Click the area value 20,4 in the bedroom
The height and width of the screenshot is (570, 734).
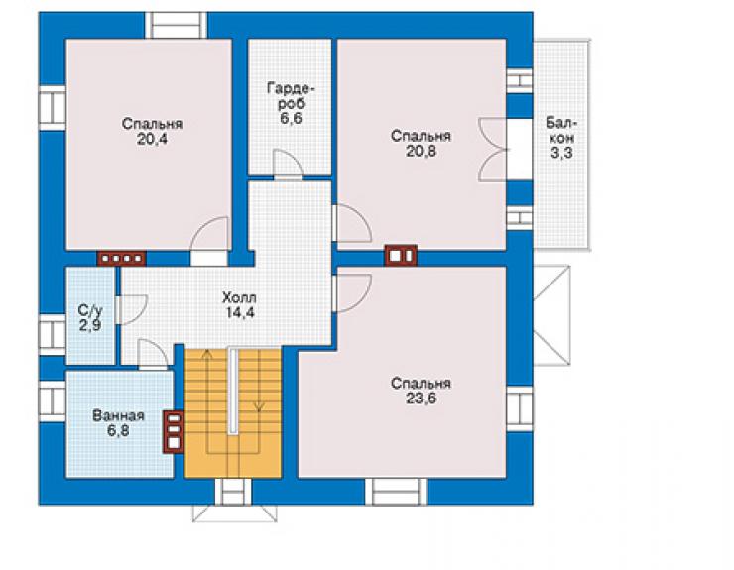click(x=152, y=139)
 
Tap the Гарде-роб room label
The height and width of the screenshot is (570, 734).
click(x=292, y=96)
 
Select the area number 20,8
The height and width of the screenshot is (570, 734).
click(x=421, y=151)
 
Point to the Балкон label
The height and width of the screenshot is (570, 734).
click(x=561, y=131)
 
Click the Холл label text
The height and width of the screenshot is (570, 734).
click(x=239, y=297)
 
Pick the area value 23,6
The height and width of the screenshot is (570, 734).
click(x=421, y=399)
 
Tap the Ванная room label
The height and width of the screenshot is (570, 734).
click(x=118, y=415)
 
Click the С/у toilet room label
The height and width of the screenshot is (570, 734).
click(x=90, y=310)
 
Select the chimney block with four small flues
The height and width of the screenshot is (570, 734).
click(x=121, y=258)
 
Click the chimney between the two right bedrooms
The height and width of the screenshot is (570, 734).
click(x=401, y=256)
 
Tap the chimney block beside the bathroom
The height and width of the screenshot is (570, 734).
click(x=174, y=432)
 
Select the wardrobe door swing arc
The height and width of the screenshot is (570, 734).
click(x=288, y=164)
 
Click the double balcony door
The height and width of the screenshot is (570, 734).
click(x=493, y=150)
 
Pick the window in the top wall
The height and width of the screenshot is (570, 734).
click(x=176, y=25)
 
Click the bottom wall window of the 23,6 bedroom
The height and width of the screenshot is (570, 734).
click(x=396, y=492)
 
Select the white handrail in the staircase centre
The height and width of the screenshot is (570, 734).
click(x=233, y=392)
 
